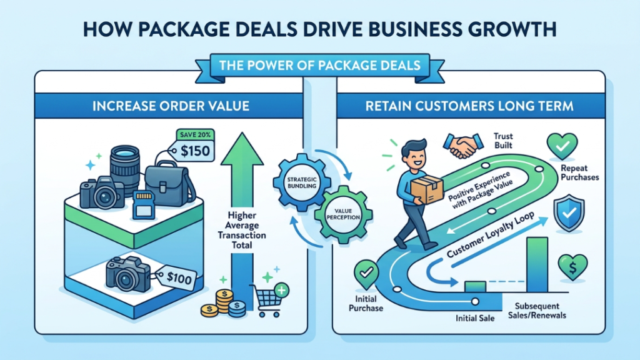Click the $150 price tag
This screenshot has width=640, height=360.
coord(192,151)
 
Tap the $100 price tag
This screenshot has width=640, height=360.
coord(177,277)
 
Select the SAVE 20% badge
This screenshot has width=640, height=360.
coord(196,135)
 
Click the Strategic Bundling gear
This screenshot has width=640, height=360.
coord(302,182)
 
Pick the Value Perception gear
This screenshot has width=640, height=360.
coord(343,214)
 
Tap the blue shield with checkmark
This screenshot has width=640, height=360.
coord(569,212)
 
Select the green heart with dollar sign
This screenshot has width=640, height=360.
coord(572,267)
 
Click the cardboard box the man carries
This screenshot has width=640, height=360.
coord(427,190)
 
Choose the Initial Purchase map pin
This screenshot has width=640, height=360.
coord(366,274)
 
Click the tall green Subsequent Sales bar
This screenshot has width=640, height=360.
coord(537,264)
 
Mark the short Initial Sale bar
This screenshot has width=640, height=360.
coord(476,286)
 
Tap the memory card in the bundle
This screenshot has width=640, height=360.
coord(144,205)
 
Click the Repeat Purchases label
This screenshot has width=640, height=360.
coord(579,172)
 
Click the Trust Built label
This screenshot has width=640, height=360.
coord(503,141)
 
